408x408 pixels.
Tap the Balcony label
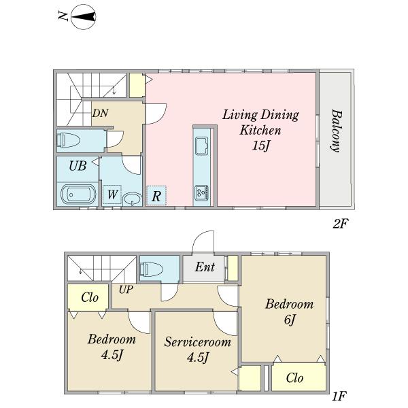[x=336, y=131]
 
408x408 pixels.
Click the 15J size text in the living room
[x=260, y=146]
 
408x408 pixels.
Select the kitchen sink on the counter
[x=202, y=146]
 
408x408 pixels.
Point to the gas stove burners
[x=202, y=193]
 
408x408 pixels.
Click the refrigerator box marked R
[x=156, y=196]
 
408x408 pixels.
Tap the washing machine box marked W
[x=112, y=194]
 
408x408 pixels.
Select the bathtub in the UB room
[x=78, y=194]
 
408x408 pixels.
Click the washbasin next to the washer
[x=132, y=199]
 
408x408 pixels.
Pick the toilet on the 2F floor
[x=69, y=140]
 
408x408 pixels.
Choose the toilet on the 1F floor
[x=152, y=269]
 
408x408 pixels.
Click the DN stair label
[x=101, y=113]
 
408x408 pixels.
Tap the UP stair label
[x=126, y=289]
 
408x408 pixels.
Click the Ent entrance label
[x=205, y=267]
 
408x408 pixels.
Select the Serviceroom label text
[x=197, y=342]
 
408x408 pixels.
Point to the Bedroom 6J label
[x=289, y=311]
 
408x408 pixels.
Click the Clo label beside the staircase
[x=90, y=297]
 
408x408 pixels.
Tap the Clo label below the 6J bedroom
[x=294, y=378]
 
